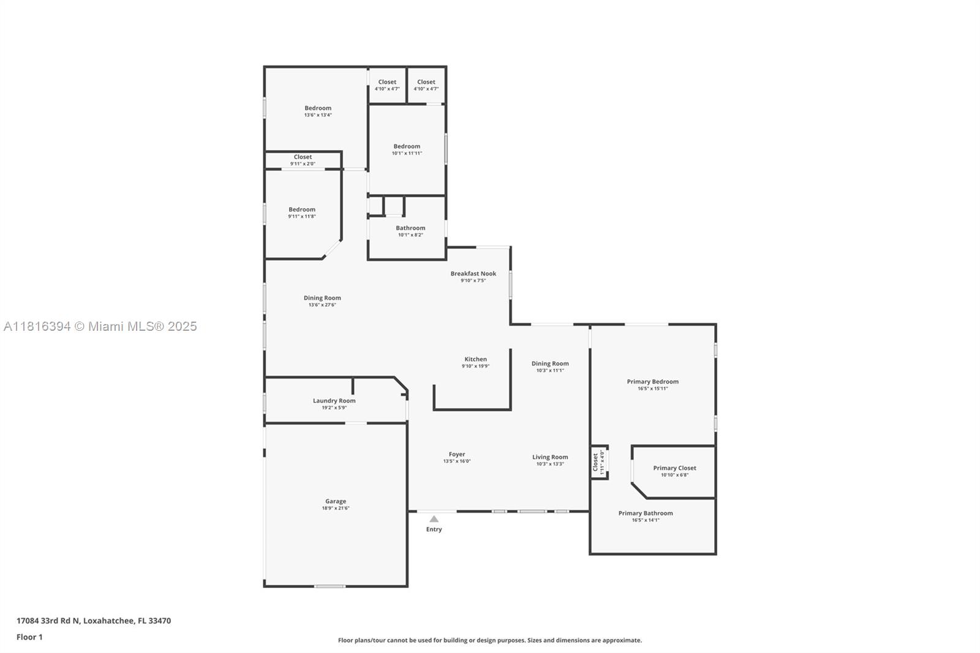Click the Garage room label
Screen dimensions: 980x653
click(336, 501)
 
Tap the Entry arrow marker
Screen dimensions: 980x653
click(434, 519)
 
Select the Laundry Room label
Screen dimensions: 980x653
click(334, 401)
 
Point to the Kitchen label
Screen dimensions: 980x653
click(475, 359)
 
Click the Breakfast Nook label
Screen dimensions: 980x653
click(473, 274)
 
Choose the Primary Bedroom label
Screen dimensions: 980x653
click(653, 382)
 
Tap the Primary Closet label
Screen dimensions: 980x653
click(674, 468)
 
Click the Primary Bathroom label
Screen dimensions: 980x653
click(646, 513)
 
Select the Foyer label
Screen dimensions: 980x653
click(457, 455)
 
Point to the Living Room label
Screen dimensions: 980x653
click(550, 457)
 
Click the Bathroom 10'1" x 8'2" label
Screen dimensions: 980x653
click(410, 228)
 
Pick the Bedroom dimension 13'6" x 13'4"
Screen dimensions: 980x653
click(318, 115)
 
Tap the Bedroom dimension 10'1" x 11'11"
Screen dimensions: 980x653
click(407, 153)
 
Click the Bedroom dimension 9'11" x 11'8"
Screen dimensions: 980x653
click(302, 216)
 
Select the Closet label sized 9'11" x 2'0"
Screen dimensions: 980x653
click(303, 157)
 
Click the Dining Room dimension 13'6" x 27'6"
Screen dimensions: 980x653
click(322, 305)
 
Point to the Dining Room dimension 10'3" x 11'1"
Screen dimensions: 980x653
click(550, 370)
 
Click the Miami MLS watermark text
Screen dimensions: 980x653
click(100, 326)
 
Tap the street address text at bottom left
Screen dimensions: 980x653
click(94, 621)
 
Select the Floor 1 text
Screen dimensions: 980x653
click(29, 637)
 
